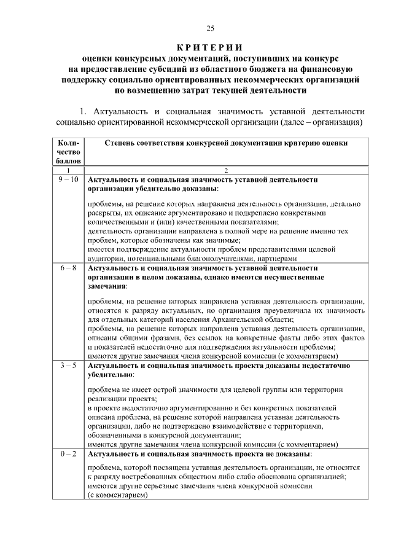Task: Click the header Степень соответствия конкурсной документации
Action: coord(227,143)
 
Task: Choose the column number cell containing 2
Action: coord(227,170)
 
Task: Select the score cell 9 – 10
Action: coord(67,179)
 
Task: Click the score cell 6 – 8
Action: coord(67,268)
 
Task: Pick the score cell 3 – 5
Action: coord(67,366)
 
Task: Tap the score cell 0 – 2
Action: coord(67,454)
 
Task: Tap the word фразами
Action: coord(165,339)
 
